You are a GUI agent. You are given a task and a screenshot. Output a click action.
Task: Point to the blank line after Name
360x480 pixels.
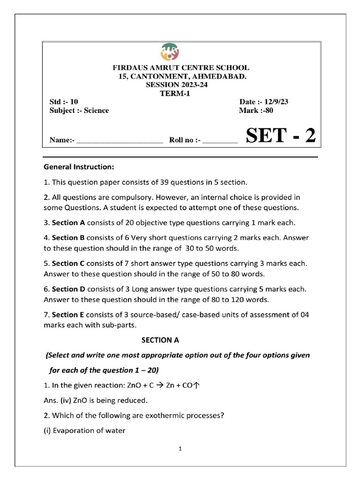[120, 140]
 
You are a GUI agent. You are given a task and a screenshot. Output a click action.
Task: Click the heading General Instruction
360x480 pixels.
[78, 166]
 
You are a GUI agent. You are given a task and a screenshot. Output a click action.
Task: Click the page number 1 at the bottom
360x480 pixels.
[180, 449]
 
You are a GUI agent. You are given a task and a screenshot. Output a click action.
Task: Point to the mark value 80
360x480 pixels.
[268, 111]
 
